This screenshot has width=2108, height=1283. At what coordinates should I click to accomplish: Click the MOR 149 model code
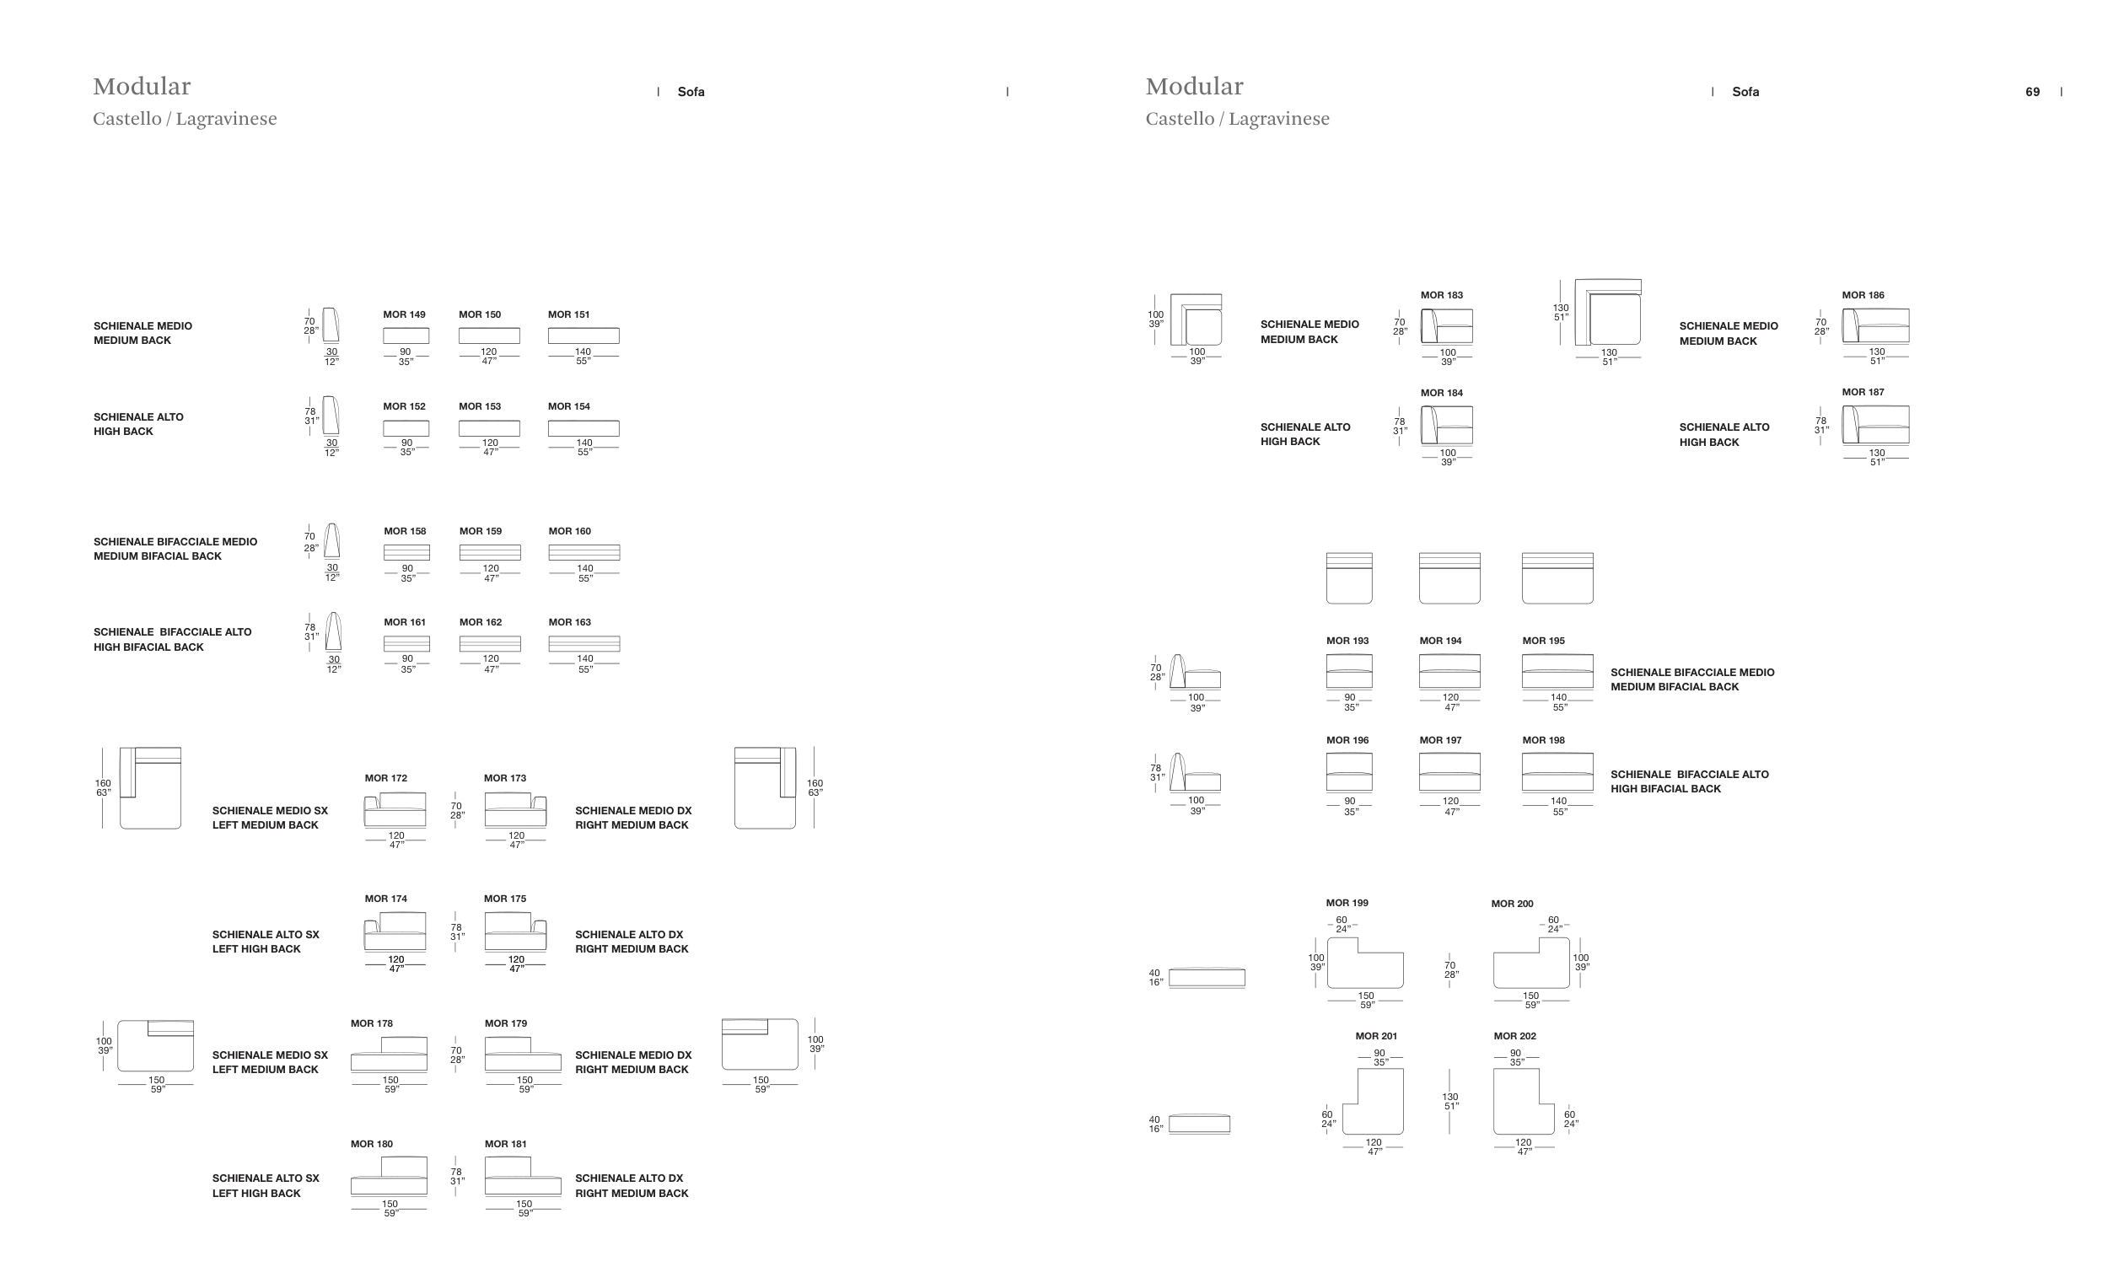pyautogui.click(x=404, y=314)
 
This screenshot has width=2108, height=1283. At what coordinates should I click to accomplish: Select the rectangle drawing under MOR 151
pyautogui.click(x=583, y=336)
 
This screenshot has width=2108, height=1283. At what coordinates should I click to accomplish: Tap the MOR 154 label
pyautogui.click(x=569, y=406)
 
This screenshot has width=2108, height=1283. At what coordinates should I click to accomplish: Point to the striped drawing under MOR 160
pyautogui.click(x=584, y=552)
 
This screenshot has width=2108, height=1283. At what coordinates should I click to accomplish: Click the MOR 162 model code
pyautogui.click(x=481, y=623)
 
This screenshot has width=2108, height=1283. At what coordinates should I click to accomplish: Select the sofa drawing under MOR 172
pyautogui.click(x=395, y=809)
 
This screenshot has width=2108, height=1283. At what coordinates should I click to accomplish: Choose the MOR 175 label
pyautogui.click(x=505, y=899)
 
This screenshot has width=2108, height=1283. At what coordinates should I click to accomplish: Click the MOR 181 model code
pyautogui.click(x=506, y=1145)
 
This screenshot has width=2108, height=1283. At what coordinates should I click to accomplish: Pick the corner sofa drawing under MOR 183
pyautogui.click(x=1447, y=326)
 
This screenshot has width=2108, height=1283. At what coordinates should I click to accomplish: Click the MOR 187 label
pyautogui.click(x=1863, y=393)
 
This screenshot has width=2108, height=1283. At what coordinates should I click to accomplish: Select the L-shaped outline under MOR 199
pyautogui.click(x=1364, y=964)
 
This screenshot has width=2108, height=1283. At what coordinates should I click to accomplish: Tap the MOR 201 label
pyautogui.click(x=1375, y=1037)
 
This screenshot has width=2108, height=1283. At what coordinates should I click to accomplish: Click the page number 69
pyautogui.click(x=2033, y=93)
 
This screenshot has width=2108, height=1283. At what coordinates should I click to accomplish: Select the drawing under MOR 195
pyautogui.click(x=1557, y=672)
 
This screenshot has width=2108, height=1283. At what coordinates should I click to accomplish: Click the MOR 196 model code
pyautogui.click(x=1347, y=741)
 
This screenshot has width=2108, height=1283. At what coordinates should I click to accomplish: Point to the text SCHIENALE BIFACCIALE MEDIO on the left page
pyautogui.click(x=175, y=542)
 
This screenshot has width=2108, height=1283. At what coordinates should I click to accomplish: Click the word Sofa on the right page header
pyautogui.click(x=1745, y=93)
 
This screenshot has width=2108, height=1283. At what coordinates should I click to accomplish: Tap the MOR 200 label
pyautogui.click(x=1512, y=905)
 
